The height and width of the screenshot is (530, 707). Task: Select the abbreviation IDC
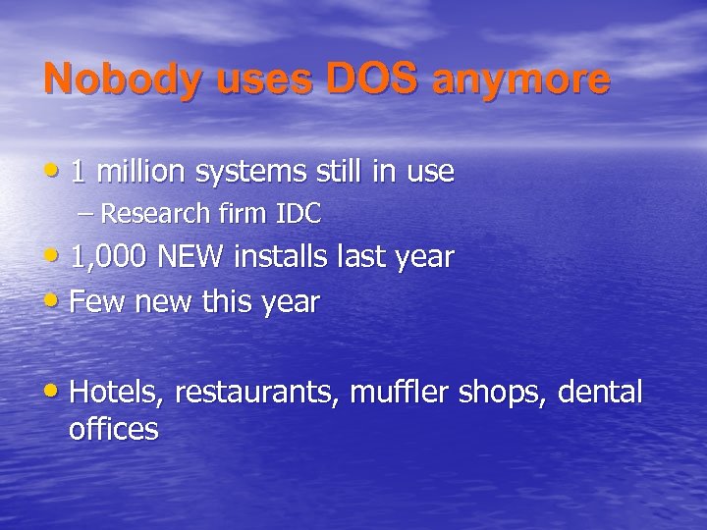299,212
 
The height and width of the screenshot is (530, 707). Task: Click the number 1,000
108,258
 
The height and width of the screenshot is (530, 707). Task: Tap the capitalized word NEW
190,257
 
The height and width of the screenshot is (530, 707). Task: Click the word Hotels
119,393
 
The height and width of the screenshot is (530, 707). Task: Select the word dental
600,393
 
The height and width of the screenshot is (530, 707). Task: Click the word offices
114,429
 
